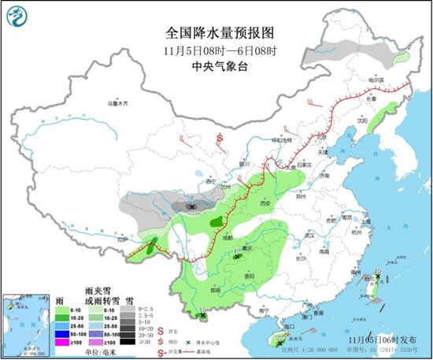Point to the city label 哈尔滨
pos(378,80)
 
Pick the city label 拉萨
pos(121,239)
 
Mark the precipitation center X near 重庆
pos(238,254)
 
